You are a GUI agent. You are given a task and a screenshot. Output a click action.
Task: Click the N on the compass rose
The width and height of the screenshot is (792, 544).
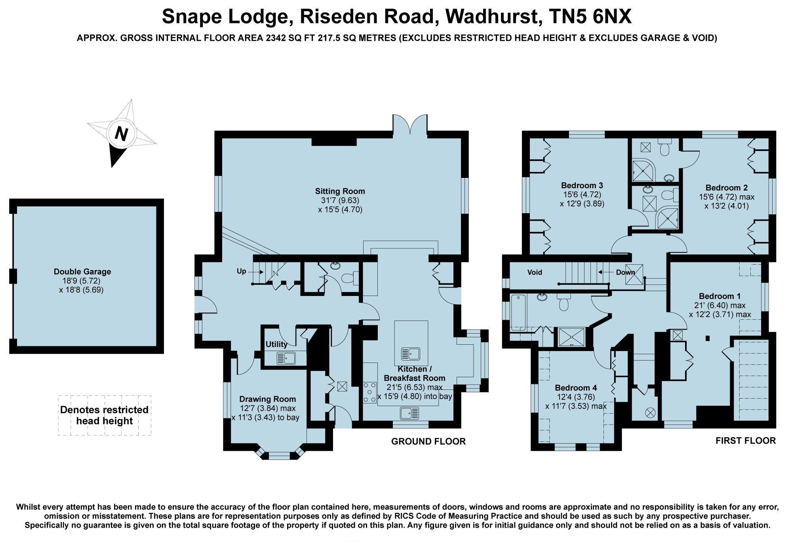122,134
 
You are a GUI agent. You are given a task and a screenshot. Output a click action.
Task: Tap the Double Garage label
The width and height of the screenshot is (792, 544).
82,271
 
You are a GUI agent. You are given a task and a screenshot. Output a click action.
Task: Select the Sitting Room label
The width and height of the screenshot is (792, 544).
340,191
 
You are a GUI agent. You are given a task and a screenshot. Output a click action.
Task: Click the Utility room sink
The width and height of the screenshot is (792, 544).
286,358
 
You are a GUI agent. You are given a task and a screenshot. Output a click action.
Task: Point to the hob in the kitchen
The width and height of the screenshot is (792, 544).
370,392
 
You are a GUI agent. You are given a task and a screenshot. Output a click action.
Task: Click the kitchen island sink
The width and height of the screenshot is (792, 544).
411,354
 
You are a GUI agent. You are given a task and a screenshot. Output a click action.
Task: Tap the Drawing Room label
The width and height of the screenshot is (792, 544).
268,399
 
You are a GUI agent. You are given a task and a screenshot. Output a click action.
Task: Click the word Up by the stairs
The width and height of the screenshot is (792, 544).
242,271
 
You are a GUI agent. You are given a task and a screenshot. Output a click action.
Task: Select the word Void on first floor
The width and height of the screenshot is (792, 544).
535,272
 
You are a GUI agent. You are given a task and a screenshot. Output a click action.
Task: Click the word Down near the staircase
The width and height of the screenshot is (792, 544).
625,272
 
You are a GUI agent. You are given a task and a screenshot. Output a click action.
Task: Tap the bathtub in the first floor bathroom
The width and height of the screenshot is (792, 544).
518,313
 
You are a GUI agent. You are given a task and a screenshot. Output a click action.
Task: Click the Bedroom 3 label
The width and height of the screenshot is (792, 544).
582,185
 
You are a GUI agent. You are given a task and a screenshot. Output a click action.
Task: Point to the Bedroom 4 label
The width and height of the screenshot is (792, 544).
576,387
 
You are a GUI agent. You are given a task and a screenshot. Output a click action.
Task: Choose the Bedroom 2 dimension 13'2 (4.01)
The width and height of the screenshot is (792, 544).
727,206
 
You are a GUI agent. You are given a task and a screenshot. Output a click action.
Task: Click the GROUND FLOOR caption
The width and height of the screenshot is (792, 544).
428,441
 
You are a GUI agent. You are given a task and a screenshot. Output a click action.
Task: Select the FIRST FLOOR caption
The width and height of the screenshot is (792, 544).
746,441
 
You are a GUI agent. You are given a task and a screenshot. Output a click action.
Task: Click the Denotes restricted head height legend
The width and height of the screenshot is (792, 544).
105,415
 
